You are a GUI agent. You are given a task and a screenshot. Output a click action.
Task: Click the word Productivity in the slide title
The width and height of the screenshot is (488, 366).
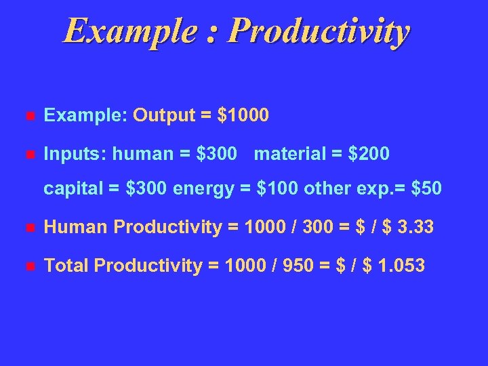319,31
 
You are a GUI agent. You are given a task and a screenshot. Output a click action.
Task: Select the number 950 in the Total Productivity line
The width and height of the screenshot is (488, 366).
279,266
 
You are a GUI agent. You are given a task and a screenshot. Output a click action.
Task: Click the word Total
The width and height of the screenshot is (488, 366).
66,266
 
